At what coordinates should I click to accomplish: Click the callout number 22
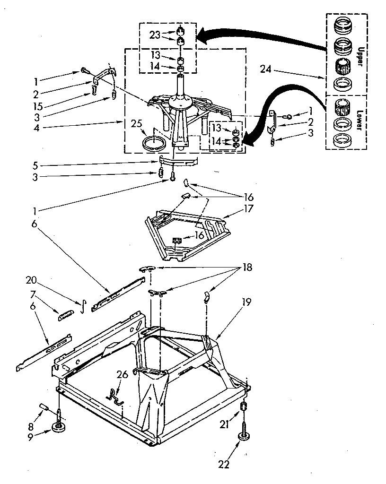pyautogui.click(x=224, y=465)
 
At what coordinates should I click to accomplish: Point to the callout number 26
pyautogui.click(x=122, y=375)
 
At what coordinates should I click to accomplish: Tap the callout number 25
pyautogui.click(x=137, y=124)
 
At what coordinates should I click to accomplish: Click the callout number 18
pyautogui.click(x=247, y=268)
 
